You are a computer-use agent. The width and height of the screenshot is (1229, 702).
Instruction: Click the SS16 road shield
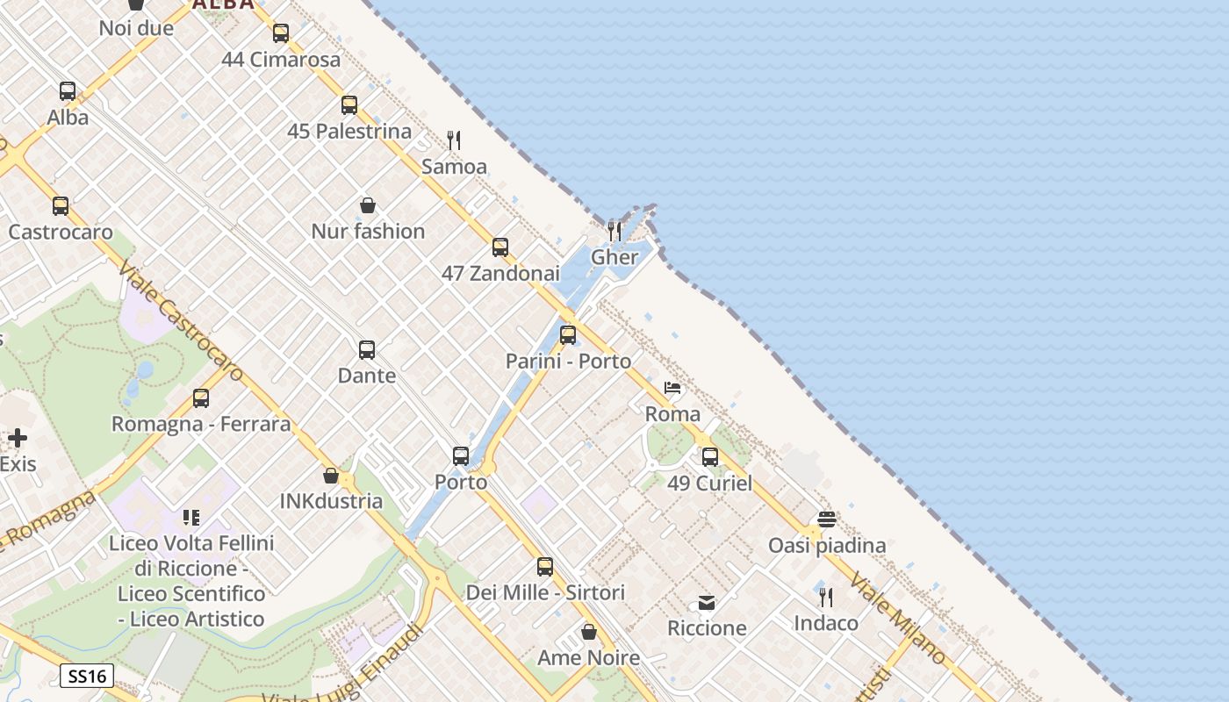coord(87,676)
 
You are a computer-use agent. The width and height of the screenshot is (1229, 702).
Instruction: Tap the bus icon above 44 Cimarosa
coord(281,33)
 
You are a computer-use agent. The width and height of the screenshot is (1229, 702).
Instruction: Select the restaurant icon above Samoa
coord(454,140)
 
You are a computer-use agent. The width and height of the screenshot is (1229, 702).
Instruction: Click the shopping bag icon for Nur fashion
coord(368,206)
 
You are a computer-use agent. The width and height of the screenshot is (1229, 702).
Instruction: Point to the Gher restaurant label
coord(614,257)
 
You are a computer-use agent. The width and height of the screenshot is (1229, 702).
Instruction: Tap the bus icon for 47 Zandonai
coord(500,247)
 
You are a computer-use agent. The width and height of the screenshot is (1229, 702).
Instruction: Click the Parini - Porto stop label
coord(568,361)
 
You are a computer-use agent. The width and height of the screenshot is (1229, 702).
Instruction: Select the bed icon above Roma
coord(672,388)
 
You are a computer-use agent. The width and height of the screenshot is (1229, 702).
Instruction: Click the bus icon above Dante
coord(367,350)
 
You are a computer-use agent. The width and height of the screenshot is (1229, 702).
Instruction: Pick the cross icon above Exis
coord(18,438)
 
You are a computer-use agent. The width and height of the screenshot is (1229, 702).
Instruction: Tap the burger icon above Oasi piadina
coord(827,519)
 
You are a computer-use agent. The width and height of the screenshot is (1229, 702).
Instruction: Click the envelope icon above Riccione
coord(707,602)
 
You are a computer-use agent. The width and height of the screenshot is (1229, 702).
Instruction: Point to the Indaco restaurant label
coord(826,623)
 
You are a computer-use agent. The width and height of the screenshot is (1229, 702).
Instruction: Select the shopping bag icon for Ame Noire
coord(589,632)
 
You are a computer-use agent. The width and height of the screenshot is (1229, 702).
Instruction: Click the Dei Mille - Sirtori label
coord(545,592)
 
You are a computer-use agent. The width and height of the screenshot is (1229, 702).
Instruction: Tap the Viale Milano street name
coord(898,618)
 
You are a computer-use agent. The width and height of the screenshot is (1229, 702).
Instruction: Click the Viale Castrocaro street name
coord(181,323)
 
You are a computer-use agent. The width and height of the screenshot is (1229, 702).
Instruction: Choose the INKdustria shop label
coord(331,501)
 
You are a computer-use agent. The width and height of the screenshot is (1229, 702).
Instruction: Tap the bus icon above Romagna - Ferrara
coord(201,398)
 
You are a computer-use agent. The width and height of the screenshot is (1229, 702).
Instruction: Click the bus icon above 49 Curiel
coord(710,457)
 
